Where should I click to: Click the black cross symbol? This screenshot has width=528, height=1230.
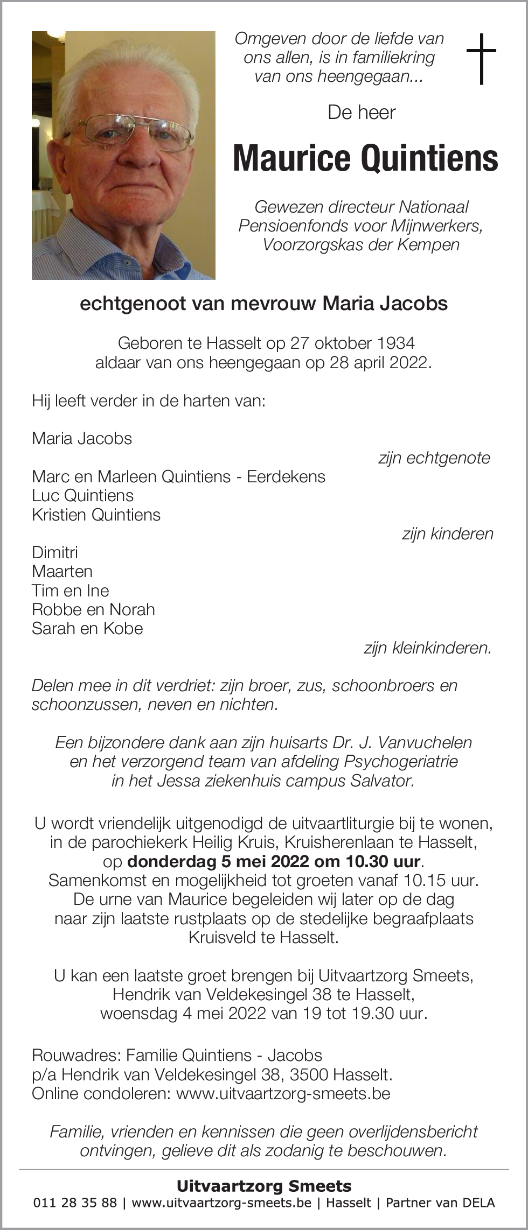481,59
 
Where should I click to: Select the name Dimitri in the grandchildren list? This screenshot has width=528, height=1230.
55,552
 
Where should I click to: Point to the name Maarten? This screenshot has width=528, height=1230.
62,571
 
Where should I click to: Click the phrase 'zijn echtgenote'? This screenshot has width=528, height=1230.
434,458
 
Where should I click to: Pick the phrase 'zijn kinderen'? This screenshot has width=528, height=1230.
447,534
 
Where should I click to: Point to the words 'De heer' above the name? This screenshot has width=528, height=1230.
362,113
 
